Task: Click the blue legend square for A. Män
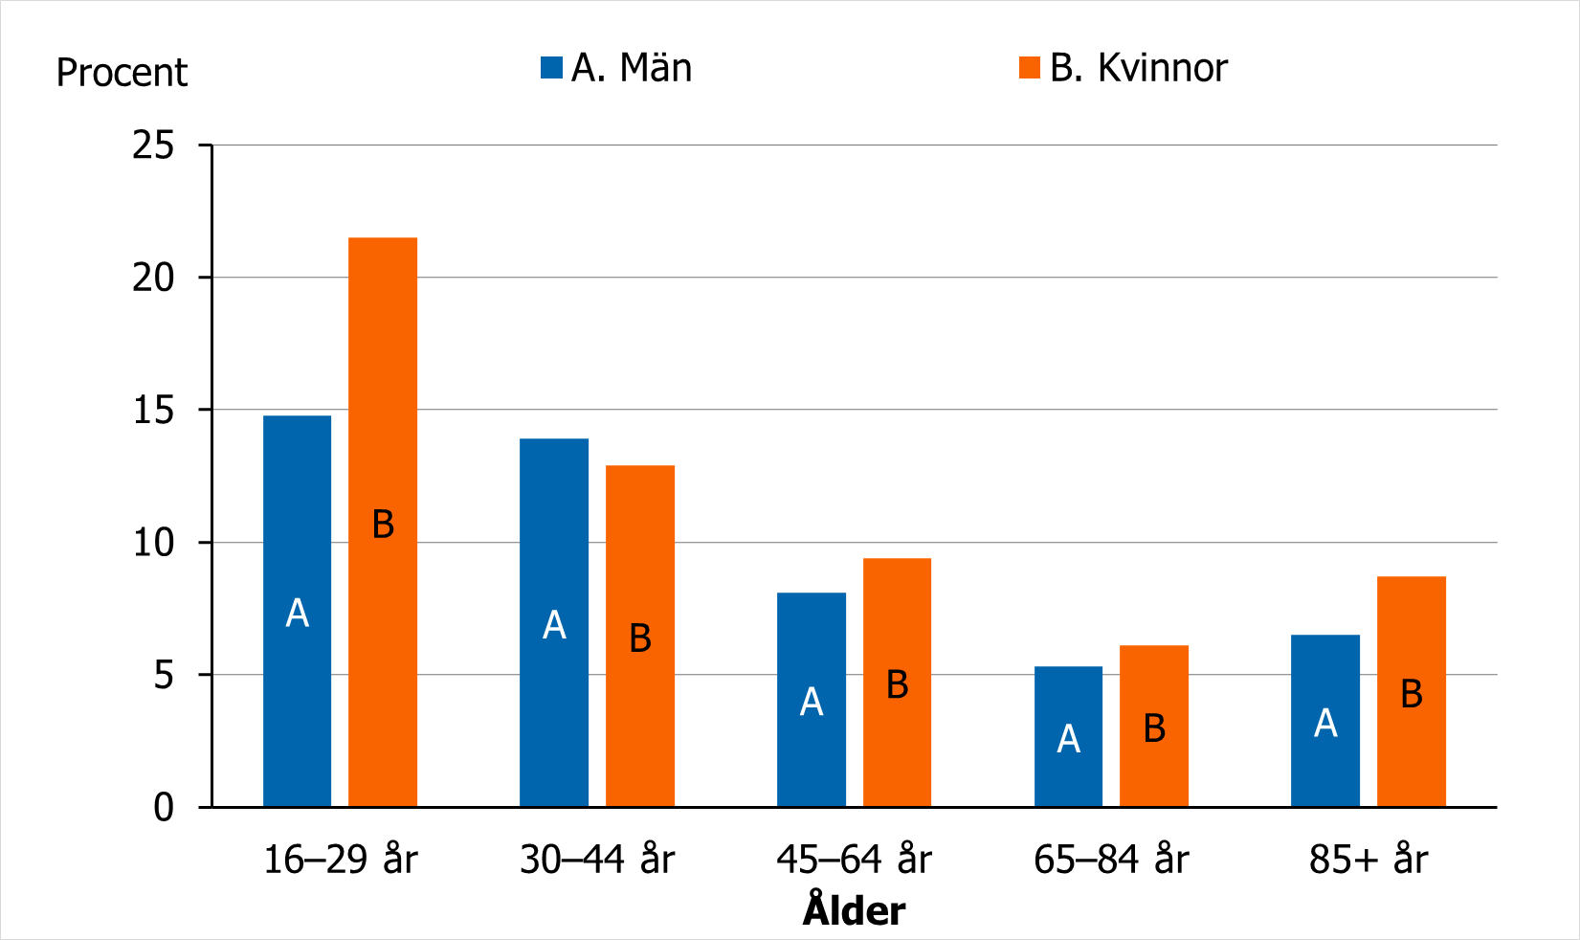551,68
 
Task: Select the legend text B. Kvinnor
1138,68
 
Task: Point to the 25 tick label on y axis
153,145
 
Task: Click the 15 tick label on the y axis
153,411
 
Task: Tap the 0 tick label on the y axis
164,808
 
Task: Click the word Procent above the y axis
122,73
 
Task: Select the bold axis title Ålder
854,910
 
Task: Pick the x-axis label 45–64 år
854,860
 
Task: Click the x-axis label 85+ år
1368,860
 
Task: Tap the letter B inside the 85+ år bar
1411,694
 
